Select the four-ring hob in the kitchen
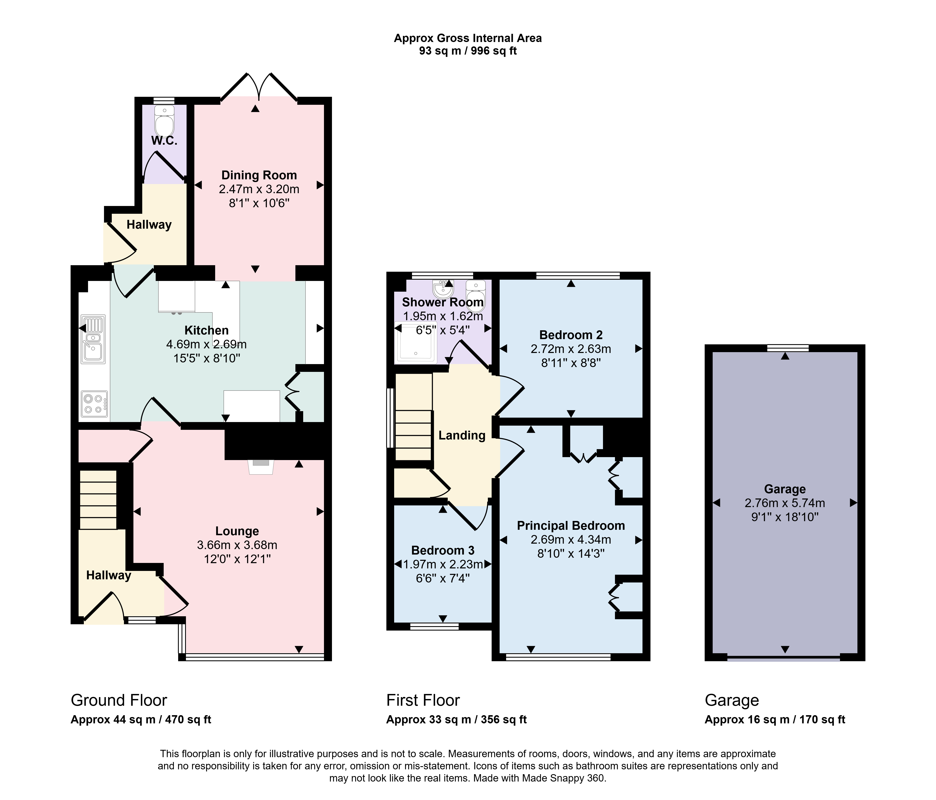click(x=94, y=404)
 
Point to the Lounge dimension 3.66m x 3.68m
click(x=237, y=545)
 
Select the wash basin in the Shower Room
click(x=443, y=289)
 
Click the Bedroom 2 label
click(x=571, y=335)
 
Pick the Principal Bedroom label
click(x=571, y=526)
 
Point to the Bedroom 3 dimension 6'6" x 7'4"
click(x=443, y=578)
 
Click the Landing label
click(x=462, y=435)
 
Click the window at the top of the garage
click(x=788, y=348)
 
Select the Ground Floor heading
click(x=119, y=700)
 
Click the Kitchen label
click(x=207, y=330)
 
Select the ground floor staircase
click(x=98, y=499)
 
